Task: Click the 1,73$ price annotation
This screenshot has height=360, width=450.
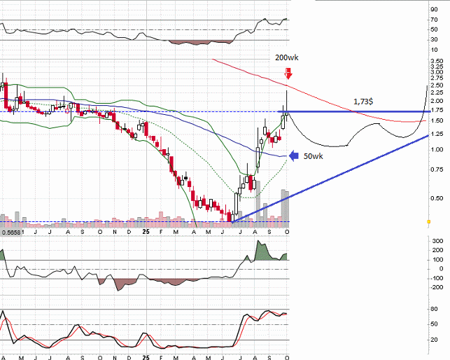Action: (363, 102)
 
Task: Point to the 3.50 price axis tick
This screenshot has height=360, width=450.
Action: (437, 62)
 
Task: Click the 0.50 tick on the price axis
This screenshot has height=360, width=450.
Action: (437, 198)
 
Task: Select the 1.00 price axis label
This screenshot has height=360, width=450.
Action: (437, 149)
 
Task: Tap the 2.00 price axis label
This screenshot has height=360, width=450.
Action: (437, 101)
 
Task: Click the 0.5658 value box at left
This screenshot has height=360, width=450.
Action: (11, 231)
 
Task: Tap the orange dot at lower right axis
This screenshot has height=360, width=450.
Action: (428, 222)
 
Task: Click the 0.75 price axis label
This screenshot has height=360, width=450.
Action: (437, 169)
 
